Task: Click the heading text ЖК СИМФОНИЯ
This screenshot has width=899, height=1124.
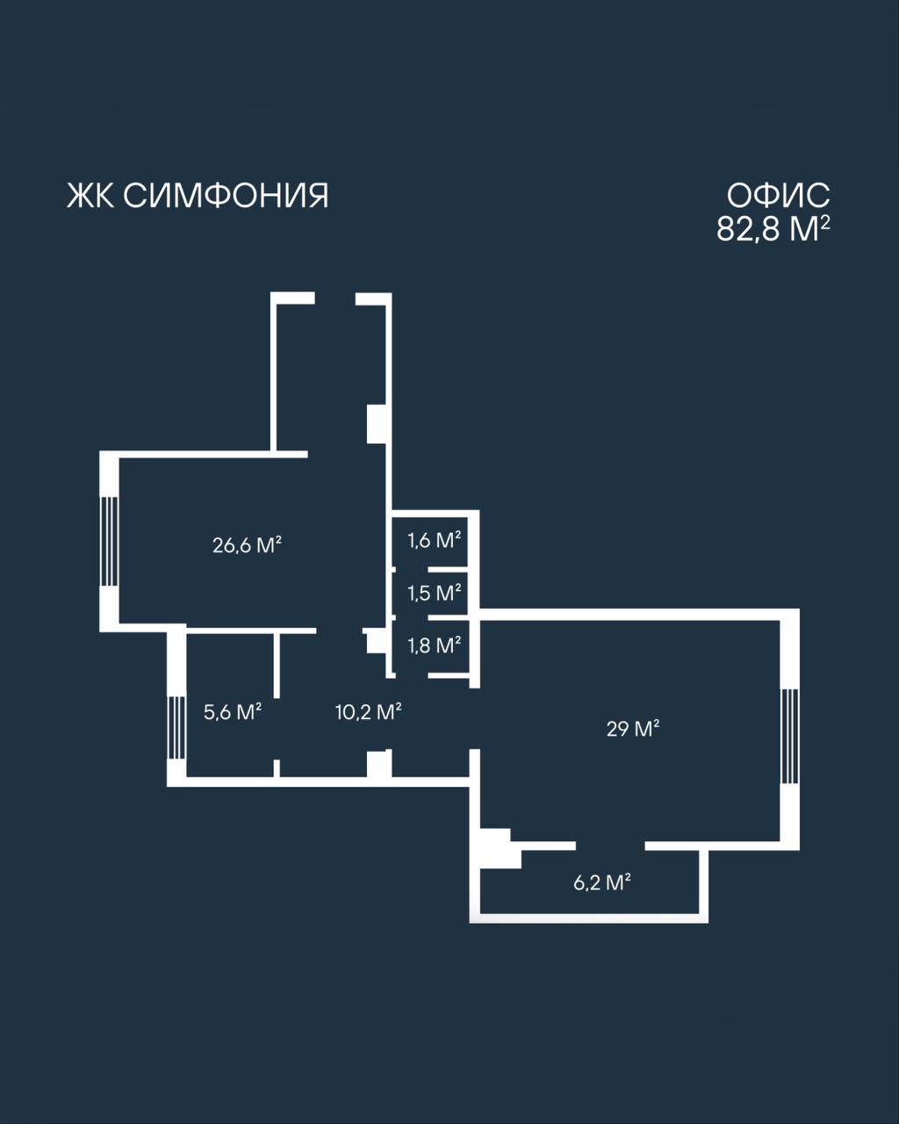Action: click(198, 196)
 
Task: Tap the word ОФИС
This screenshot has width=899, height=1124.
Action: click(778, 196)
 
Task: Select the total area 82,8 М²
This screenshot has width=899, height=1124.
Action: click(773, 228)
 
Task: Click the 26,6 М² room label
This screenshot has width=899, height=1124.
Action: click(247, 545)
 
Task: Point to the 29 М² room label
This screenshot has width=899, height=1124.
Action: click(633, 728)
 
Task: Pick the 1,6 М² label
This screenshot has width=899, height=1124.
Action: click(434, 540)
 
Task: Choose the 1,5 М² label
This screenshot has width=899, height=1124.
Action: click(434, 593)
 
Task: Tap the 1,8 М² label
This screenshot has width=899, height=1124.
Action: click(434, 645)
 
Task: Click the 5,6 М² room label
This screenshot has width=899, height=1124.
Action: click(233, 712)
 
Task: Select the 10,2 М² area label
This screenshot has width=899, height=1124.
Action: click(368, 712)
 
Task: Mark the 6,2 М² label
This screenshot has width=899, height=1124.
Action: click(601, 883)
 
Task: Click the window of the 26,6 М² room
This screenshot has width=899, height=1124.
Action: click(109, 541)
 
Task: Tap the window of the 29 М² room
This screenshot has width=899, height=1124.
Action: click(790, 737)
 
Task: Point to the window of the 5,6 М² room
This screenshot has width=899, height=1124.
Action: click(176, 728)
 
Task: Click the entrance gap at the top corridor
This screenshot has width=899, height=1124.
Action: click(334, 299)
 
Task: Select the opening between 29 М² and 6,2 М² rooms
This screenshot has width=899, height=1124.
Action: click(610, 847)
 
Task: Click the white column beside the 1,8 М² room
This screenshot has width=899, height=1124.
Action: click(376, 641)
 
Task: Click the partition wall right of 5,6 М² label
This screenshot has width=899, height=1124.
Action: click(277, 666)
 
